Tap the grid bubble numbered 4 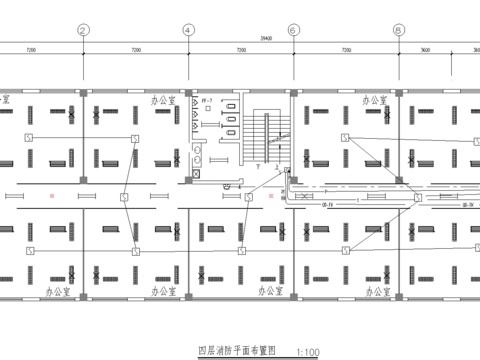(x=187, y=30)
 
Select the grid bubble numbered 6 (x=292, y=30)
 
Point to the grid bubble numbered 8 (x=398, y=30)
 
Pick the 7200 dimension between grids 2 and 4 (x=134, y=49)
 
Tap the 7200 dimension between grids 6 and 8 (x=345, y=49)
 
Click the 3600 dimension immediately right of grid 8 (x=424, y=49)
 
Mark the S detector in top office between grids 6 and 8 (x=345, y=137)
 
